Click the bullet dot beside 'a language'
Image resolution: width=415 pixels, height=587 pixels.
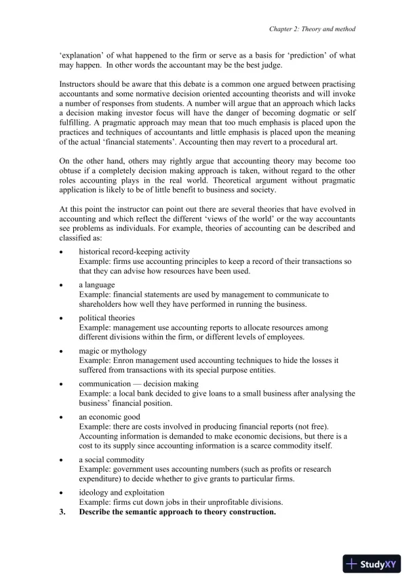click(62, 285)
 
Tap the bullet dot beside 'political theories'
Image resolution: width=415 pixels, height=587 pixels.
click(62, 318)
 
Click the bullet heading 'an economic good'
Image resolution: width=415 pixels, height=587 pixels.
click(109, 416)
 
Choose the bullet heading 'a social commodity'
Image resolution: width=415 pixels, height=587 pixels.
click(111, 459)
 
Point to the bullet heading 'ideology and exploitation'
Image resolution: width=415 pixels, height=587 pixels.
click(121, 492)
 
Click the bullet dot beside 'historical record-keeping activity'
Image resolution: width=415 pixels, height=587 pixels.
click(62, 252)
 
